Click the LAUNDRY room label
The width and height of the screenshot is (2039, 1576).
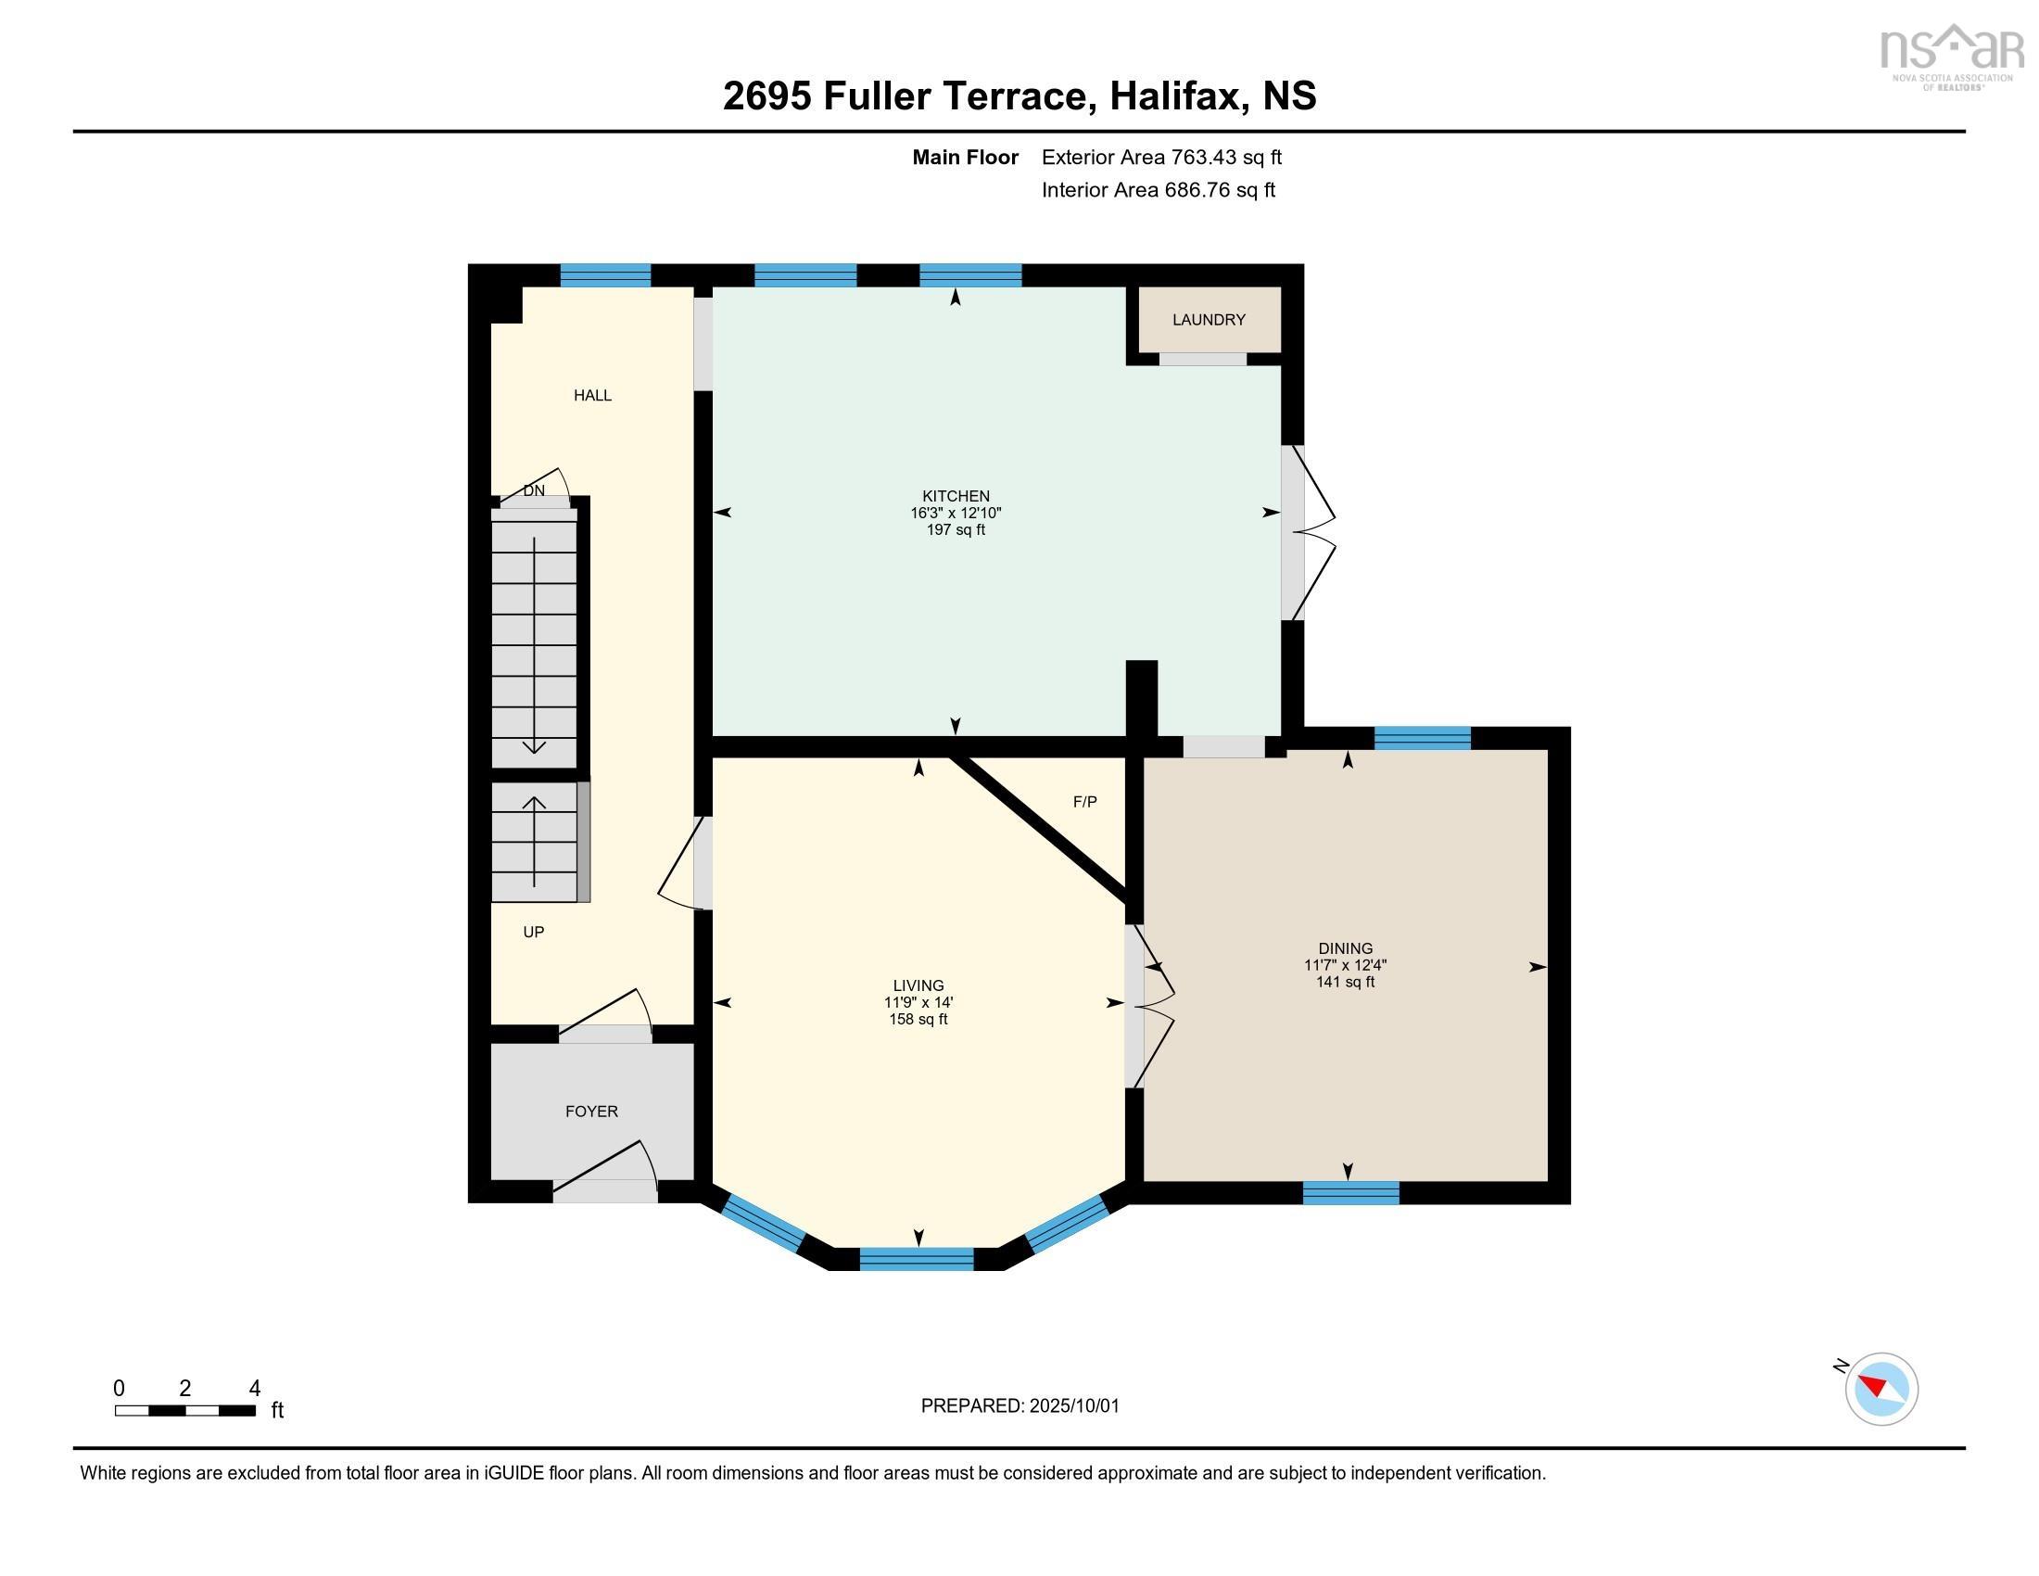(x=1208, y=320)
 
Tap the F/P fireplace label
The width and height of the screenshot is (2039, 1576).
(x=1084, y=802)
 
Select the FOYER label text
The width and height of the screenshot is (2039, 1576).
(x=591, y=1111)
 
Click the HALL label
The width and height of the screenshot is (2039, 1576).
(x=592, y=396)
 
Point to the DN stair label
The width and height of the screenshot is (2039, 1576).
(x=533, y=490)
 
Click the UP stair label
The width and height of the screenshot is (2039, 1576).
(x=533, y=932)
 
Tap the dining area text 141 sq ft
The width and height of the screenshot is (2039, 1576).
(x=1346, y=982)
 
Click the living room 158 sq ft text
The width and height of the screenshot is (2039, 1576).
(x=918, y=1020)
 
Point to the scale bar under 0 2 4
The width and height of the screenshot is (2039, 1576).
(x=184, y=1411)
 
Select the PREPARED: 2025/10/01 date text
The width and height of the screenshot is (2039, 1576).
(x=1019, y=1406)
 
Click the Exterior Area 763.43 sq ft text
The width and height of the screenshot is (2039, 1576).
(x=1160, y=158)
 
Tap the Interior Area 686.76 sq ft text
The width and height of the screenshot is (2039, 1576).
(x=1158, y=190)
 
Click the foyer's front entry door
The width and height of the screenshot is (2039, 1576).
(x=605, y=1182)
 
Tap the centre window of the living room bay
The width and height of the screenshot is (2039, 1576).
(x=916, y=1260)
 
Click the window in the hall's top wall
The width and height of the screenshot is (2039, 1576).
(x=605, y=275)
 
